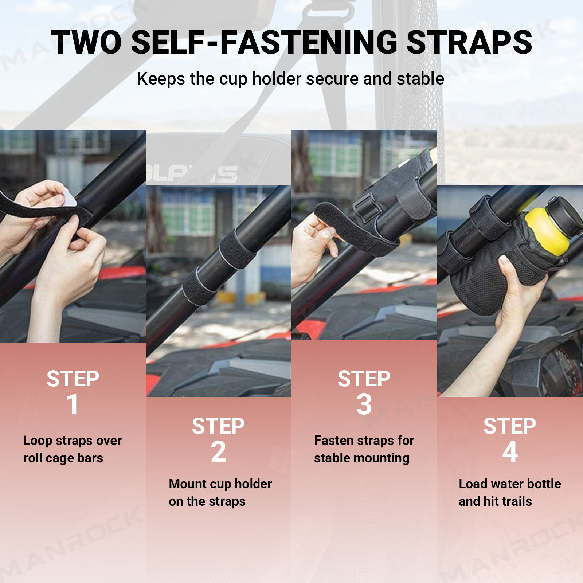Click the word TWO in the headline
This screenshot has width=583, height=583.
click(86, 42)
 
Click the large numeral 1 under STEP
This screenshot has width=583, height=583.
click(73, 404)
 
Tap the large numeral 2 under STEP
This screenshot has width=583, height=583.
click(218, 451)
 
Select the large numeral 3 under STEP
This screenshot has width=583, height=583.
click(364, 404)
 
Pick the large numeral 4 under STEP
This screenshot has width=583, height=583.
click(510, 451)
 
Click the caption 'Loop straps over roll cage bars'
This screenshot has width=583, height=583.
click(73, 449)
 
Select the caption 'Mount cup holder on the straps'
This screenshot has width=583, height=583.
click(220, 493)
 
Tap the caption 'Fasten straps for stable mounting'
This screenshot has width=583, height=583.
click(364, 449)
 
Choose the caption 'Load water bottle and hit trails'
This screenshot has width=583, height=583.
click(510, 493)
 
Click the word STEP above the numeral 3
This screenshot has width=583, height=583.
click(364, 379)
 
